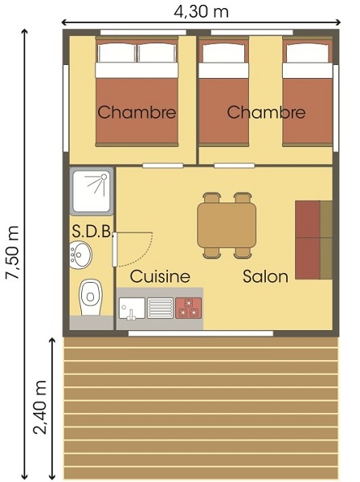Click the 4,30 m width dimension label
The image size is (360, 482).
coord(201,12)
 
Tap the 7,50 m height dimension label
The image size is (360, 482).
coord(13,252)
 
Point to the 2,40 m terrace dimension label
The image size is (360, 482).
coord(40,407)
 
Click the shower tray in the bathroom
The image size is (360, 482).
coord(92,191)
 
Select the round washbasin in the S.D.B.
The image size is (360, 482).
coord(80,255)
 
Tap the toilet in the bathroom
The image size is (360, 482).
coord(90,297)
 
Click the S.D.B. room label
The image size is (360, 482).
coord(92,231)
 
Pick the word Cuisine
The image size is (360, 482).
coord(160,276)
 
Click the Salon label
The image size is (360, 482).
coord(266,276)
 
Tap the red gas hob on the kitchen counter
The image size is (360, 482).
coord(189,308)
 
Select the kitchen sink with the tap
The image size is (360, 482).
coord(132,308)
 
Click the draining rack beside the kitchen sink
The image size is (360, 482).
coord(160,308)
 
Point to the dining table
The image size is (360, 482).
coord(227,225)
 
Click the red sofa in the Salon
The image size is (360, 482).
coord(313,240)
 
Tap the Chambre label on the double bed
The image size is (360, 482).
coord(137,112)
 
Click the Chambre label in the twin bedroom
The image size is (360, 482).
coord(266,112)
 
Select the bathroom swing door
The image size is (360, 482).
coord(115,249)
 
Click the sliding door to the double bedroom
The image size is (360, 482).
coord(163,165)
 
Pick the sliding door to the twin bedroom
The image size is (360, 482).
coord(235,165)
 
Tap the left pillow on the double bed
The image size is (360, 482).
coord(117,52)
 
